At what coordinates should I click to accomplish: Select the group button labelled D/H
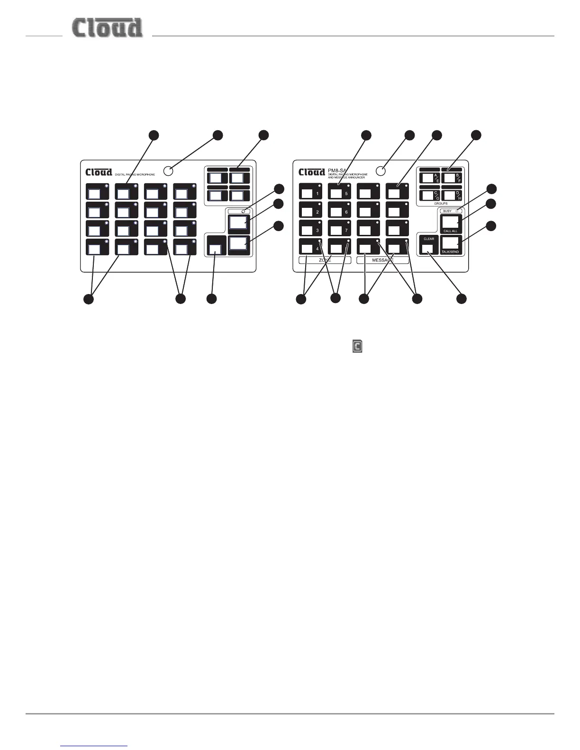pyautogui.click(x=452, y=195)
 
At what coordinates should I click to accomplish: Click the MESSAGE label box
pyautogui.click(x=382, y=260)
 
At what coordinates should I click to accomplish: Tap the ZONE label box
pyautogui.click(x=325, y=260)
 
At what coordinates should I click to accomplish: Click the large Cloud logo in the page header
pyautogui.click(x=107, y=28)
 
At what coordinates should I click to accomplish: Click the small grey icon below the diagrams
pyautogui.click(x=357, y=347)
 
